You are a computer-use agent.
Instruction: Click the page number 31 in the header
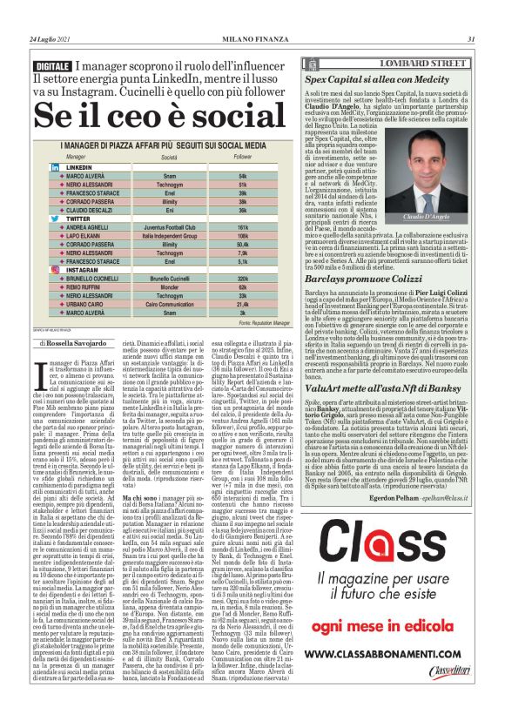coord(470,39)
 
